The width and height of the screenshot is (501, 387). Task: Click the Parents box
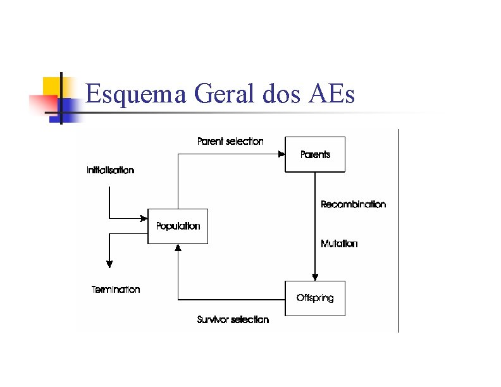315,154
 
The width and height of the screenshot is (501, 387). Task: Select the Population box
178,226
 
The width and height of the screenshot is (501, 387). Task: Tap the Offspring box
315,298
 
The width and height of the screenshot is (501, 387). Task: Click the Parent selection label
230,141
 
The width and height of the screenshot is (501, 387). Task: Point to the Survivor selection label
233,320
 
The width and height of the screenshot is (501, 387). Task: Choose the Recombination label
353,204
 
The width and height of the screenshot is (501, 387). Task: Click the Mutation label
339,243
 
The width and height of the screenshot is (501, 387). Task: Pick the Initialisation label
110,170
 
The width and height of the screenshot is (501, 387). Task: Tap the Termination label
116,290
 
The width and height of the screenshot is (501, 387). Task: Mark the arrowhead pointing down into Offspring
315,276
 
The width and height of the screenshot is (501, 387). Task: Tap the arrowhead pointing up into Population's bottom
178,248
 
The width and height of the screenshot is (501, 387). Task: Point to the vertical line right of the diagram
398,230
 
